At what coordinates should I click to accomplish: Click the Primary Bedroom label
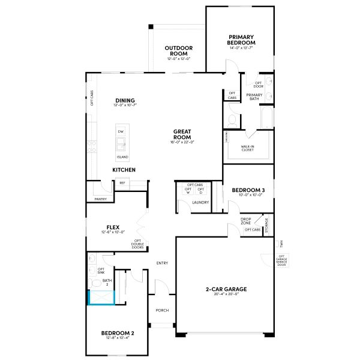(241, 40)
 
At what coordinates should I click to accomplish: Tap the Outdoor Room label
(179, 50)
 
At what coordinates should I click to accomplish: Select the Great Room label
(182, 134)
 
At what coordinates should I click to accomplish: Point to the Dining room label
(125, 101)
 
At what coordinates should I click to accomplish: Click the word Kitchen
(124, 170)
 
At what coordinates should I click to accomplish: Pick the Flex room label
(113, 227)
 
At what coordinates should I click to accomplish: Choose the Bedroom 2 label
(117, 333)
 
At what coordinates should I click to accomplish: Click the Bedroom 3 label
(248, 190)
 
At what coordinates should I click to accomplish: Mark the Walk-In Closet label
(248, 148)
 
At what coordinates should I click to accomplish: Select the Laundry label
(200, 202)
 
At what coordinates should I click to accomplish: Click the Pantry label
(100, 199)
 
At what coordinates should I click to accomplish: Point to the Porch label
(162, 310)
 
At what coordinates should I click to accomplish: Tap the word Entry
(162, 263)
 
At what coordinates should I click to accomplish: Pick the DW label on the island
(121, 131)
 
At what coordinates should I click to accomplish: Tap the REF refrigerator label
(122, 182)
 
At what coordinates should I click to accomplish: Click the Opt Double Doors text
(137, 244)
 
